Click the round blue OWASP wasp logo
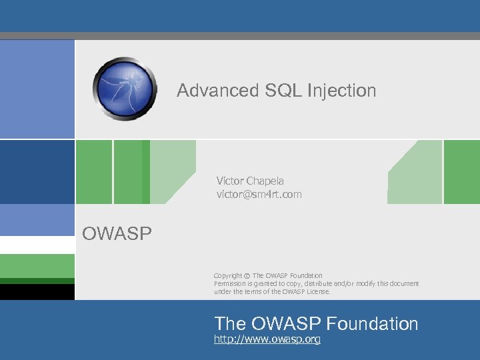(125, 89)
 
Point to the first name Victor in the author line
(230, 181)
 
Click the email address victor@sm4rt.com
(259, 195)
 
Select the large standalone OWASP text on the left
(117, 233)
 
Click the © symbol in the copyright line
(247, 276)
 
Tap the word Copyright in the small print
(228, 276)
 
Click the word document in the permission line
(403, 283)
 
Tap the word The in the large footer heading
(230, 324)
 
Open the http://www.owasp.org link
(267, 340)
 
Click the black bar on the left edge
(37, 292)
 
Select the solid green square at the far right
(462, 171)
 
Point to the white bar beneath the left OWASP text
(37, 245)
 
